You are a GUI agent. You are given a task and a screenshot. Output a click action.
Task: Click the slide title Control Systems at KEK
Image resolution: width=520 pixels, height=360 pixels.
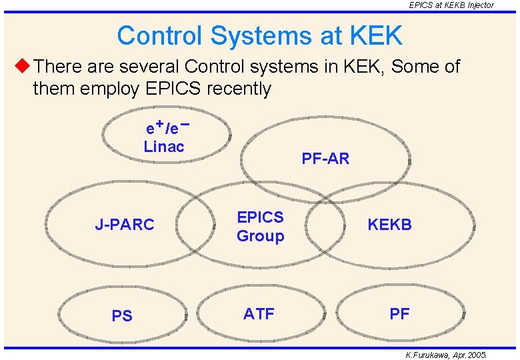pyautogui.click(x=259, y=35)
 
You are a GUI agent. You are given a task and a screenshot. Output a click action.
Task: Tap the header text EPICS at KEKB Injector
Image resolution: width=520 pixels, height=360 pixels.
pyautogui.click(x=451, y=5)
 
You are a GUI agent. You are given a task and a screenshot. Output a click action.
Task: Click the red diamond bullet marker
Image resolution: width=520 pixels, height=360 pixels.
pyautogui.click(x=22, y=66)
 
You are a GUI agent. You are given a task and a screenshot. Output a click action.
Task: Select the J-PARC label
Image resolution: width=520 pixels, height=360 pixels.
pyautogui.click(x=124, y=225)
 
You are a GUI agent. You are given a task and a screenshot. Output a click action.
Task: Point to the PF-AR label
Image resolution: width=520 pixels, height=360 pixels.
pyautogui.click(x=325, y=159)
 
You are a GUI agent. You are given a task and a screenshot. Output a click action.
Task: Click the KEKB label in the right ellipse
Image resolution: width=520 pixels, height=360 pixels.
pyautogui.click(x=390, y=225)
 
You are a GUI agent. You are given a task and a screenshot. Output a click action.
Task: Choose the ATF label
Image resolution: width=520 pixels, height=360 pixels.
pyautogui.click(x=259, y=313)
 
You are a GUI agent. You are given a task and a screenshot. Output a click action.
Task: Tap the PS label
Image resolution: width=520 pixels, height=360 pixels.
pyautogui.click(x=122, y=316)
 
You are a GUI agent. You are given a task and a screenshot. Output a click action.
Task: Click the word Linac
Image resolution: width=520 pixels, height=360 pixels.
pyautogui.click(x=164, y=147)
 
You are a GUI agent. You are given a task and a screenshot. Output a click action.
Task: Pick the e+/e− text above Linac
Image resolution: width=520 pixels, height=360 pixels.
pyautogui.click(x=167, y=127)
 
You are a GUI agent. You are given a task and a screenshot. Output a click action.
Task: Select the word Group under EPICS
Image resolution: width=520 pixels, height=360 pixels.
pyautogui.click(x=260, y=236)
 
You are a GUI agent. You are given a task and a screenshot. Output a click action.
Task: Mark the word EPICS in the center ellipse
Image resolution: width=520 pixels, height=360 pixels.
pyautogui.click(x=260, y=217)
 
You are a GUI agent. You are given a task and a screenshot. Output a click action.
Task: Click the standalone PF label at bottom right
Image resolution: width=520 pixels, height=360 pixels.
pyautogui.click(x=399, y=314)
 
